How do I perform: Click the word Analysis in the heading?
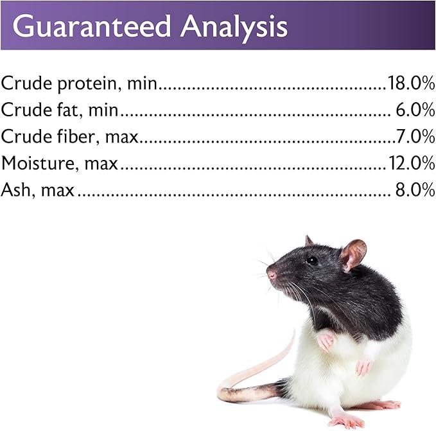click(233, 26)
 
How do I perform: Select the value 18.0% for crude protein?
click(411, 83)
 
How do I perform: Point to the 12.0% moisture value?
click(412, 163)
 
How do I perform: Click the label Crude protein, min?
click(79, 84)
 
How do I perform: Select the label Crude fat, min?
click(60, 110)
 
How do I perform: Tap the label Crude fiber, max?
click(69, 136)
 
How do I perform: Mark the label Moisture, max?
click(60, 163)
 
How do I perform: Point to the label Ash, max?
click(37, 189)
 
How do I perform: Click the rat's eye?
click(312, 260)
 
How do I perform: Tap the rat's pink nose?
click(271, 275)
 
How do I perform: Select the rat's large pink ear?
click(353, 254)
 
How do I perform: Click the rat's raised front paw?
click(326, 340)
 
